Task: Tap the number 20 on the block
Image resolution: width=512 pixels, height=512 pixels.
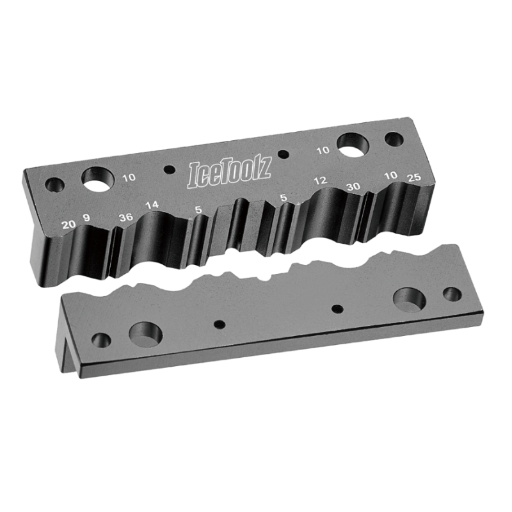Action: pos(68,224)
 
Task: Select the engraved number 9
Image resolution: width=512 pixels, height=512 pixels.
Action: pos(86,221)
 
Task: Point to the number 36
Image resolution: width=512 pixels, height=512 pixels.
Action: pos(126,216)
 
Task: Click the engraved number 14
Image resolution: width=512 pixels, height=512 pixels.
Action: pos(152,205)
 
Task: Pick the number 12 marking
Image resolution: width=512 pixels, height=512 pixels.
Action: pos(321,181)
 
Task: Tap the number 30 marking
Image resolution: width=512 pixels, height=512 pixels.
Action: pos(353,186)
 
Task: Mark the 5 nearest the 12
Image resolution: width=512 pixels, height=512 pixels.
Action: pos(283,198)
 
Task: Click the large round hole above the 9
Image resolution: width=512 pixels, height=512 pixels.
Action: pos(97,179)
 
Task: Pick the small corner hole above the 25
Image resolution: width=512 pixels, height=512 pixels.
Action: pos(394,139)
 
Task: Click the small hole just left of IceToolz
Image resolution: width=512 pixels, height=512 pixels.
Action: pos(169,170)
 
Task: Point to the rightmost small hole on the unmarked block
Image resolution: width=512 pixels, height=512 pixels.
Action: pos(452,294)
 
